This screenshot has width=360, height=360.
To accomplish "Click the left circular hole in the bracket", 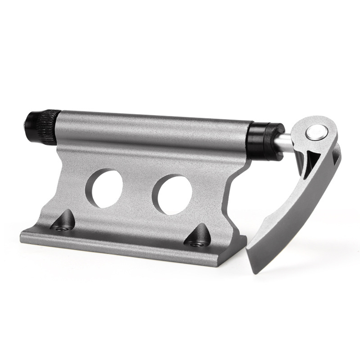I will (x=104, y=187).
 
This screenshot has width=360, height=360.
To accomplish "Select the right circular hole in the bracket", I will (x=172, y=195).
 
